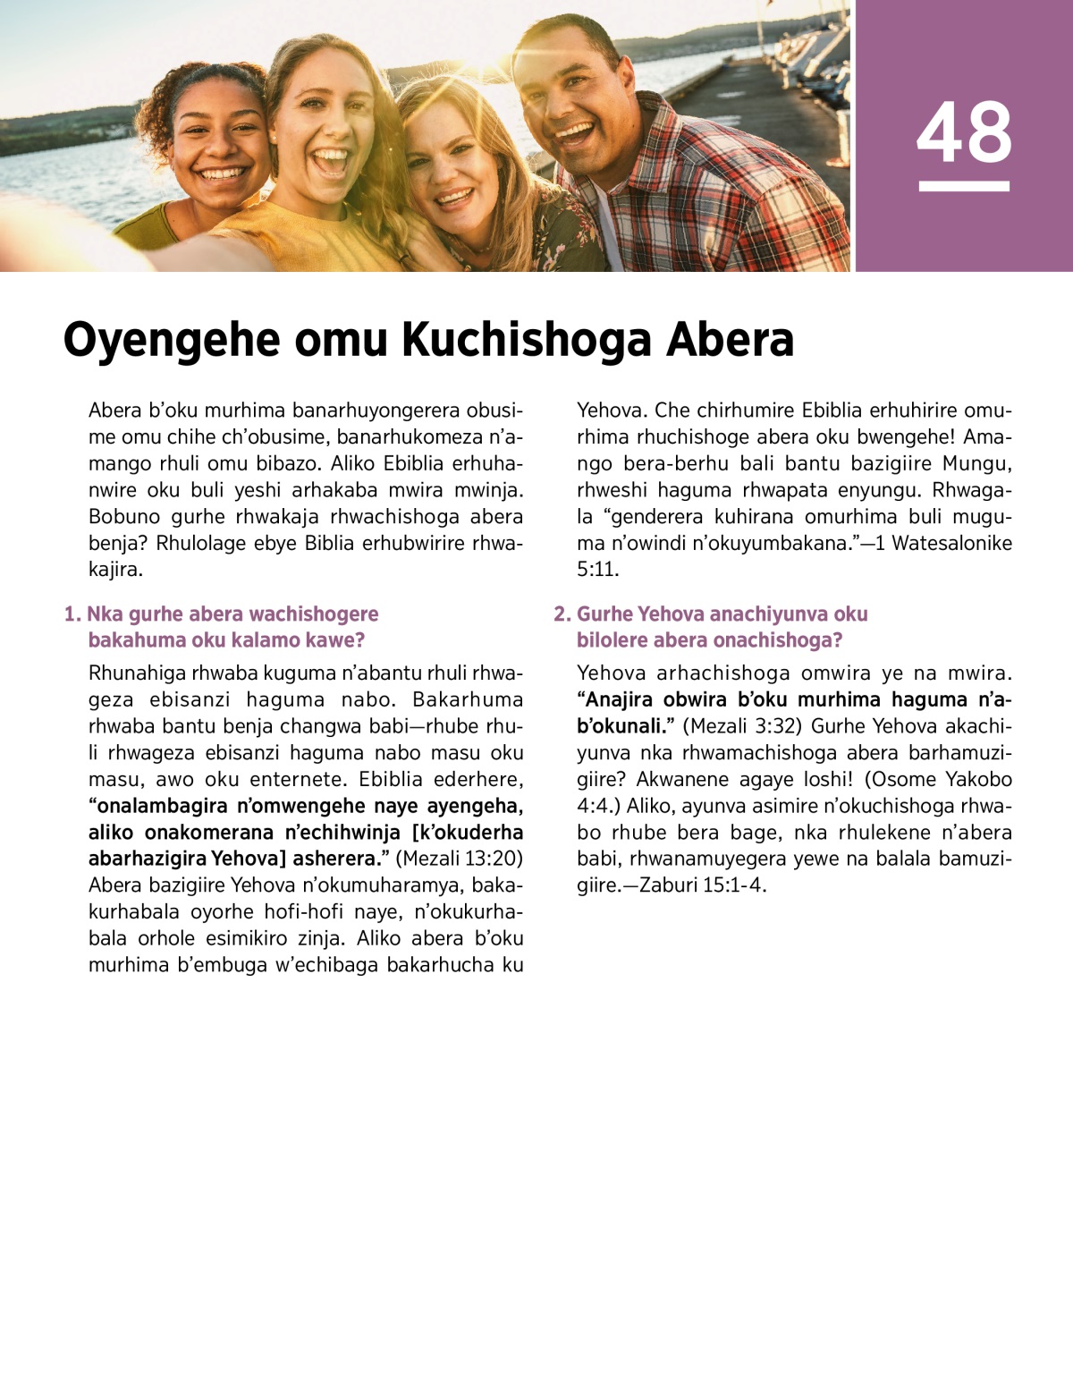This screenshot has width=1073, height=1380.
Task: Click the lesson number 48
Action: click(x=964, y=132)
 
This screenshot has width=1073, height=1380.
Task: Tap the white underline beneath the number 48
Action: click(x=964, y=186)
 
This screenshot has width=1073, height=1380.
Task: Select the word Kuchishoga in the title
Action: click(x=527, y=341)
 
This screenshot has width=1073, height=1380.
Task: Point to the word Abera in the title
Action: click(x=730, y=341)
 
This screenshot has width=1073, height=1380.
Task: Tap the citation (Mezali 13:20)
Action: click(x=459, y=859)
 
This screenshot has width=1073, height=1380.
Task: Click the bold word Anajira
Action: click(x=620, y=699)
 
